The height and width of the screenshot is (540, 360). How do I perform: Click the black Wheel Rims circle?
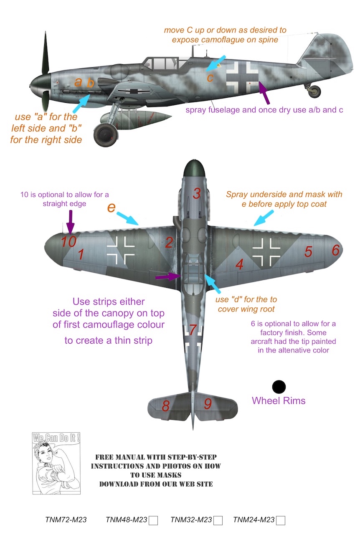coord(279,387)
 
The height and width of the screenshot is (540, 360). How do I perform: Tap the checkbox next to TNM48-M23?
coord(153,520)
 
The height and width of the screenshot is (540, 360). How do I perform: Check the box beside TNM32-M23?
coord(218,520)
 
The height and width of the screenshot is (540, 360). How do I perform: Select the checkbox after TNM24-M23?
coord(281,520)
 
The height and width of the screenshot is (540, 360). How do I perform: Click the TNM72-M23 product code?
coord(66,520)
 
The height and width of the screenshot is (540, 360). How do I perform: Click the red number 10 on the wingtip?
coord(69,241)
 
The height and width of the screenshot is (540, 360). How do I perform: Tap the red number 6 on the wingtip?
coord(335,250)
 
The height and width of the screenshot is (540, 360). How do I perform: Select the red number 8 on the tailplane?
coord(166,406)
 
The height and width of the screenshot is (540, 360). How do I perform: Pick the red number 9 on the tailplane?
coord(208,404)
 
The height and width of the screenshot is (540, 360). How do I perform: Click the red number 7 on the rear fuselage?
coord(193,330)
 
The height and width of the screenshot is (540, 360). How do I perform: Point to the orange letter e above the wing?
coord(111,208)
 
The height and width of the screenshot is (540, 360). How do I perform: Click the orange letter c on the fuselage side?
coord(210,78)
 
